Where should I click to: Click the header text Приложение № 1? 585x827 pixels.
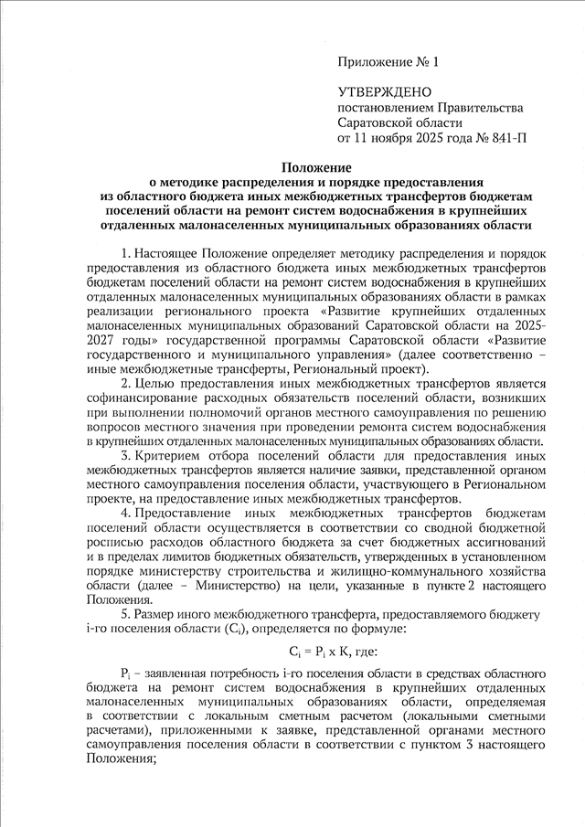pyautogui.click(x=388, y=62)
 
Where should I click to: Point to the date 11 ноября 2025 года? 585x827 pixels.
pyautogui.click(x=409, y=139)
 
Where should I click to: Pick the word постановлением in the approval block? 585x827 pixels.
pyautogui.click(x=385, y=108)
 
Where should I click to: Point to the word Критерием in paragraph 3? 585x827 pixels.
pyautogui.click(x=170, y=454)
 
